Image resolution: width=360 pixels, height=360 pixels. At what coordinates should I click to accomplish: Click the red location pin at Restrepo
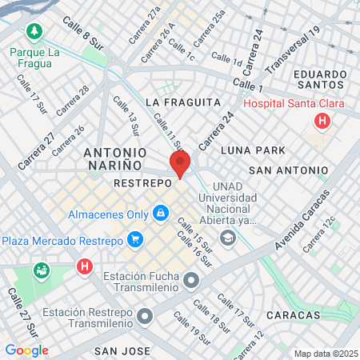click(x=179, y=164)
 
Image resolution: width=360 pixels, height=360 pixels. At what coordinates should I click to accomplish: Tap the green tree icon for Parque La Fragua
click(x=34, y=32)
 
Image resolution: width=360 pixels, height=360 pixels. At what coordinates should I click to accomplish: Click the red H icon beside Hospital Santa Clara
click(x=322, y=122)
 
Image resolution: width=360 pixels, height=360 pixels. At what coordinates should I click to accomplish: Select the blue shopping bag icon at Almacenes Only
click(x=161, y=214)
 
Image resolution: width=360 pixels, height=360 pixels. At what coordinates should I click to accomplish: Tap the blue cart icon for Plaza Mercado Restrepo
click(x=134, y=239)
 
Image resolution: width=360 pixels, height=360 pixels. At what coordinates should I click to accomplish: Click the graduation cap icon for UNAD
click(x=228, y=237)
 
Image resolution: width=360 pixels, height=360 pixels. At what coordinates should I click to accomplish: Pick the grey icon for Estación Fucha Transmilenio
click(x=190, y=280)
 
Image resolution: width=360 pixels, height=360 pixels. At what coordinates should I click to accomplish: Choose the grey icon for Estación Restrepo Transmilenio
click(x=144, y=318)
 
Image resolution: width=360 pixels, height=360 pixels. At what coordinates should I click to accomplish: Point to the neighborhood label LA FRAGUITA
click(x=183, y=102)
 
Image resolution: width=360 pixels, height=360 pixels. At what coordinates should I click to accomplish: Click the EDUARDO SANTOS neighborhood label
click(x=320, y=81)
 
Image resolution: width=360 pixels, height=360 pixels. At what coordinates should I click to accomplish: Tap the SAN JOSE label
click(x=123, y=350)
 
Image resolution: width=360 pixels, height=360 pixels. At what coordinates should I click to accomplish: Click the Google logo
click(x=26, y=350)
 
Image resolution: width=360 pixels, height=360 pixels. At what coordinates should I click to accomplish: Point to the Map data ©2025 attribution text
click(x=326, y=354)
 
